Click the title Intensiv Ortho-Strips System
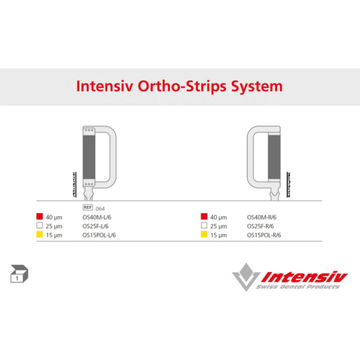[x=179, y=86]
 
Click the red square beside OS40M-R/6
[x=204, y=216]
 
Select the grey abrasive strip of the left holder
[x=89, y=156]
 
